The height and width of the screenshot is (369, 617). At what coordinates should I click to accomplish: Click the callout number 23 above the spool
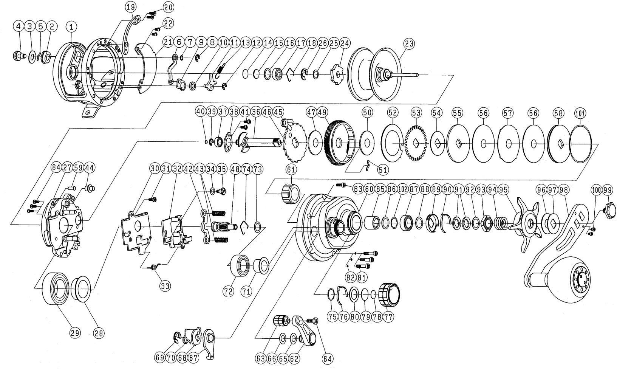click(408, 44)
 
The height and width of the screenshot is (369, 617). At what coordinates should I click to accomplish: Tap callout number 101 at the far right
click(580, 113)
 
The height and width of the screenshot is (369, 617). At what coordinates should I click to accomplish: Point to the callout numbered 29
click(75, 333)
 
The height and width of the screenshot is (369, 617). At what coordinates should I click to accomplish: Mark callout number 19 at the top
click(131, 6)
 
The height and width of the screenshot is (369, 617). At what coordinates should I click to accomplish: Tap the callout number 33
click(164, 286)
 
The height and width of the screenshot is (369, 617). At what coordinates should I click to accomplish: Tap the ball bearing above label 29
click(57, 290)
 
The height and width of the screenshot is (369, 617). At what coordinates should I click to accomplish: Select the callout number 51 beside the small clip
click(383, 170)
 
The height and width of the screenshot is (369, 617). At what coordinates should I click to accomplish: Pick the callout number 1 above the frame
click(71, 26)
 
